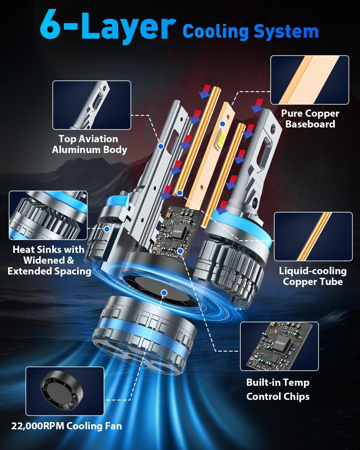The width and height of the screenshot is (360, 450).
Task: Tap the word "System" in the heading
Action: pyautogui.click(x=286, y=31)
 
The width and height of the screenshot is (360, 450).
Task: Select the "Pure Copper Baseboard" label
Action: pyautogui.click(x=310, y=118)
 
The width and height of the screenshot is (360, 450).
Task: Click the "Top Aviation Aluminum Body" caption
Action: pyautogui.click(x=89, y=144)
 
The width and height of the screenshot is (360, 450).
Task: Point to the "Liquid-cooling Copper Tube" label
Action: pyautogui.click(x=313, y=276)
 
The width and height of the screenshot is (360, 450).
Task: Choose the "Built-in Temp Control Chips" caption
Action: pyautogui.click(x=278, y=389)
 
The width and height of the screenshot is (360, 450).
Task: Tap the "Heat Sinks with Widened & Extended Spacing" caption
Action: pyautogui.click(x=49, y=260)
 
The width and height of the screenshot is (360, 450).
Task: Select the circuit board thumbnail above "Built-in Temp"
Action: pyautogui.click(x=279, y=346)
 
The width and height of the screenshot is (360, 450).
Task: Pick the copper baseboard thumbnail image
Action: pyautogui.click(x=310, y=80)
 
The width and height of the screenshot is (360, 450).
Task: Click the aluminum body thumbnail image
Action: pyautogui.click(x=91, y=105)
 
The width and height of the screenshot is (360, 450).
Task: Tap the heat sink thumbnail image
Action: pyautogui.click(x=48, y=215)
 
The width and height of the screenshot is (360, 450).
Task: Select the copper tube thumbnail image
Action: pyautogui.click(x=313, y=236)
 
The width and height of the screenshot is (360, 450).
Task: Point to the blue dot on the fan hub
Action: pyautogui.click(x=164, y=292)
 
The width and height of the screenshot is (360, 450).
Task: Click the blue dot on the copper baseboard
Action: pyautogui.click(x=223, y=124)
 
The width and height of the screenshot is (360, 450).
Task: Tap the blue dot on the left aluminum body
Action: pyautogui.click(x=161, y=146)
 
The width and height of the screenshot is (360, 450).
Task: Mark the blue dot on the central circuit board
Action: pyautogui.click(x=180, y=251)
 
